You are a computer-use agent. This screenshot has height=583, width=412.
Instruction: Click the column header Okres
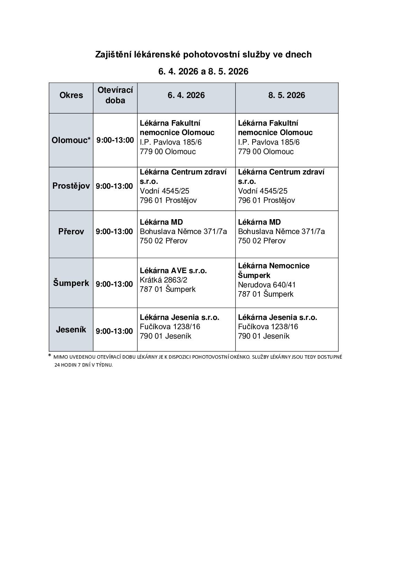(71, 95)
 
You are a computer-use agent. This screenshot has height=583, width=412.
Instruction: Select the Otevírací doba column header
(115, 95)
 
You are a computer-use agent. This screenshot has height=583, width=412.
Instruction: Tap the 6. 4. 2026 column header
(186, 95)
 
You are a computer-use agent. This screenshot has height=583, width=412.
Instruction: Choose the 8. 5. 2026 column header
(286, 95)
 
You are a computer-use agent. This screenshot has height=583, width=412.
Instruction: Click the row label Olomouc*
(71, 140)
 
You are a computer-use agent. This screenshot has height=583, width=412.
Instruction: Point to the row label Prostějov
(71, 186)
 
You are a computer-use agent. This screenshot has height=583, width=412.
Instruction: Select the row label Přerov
(71, 232)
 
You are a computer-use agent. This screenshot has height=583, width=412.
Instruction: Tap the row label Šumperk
(71, 283)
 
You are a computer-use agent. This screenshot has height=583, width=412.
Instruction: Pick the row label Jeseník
(71, 330)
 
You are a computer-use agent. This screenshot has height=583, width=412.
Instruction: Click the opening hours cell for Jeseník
(114, 331)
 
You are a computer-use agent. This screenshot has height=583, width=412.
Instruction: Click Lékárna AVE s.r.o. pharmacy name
(173, 271)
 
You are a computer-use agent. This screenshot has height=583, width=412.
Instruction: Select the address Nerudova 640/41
(267, 285)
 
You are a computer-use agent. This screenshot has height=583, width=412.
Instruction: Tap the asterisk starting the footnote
(50, 356)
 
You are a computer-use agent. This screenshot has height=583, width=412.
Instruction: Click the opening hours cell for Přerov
(114, 232)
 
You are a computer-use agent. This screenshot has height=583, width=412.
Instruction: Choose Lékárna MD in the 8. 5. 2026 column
(259, 222)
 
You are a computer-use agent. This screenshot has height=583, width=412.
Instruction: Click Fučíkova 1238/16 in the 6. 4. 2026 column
(170, 327)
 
